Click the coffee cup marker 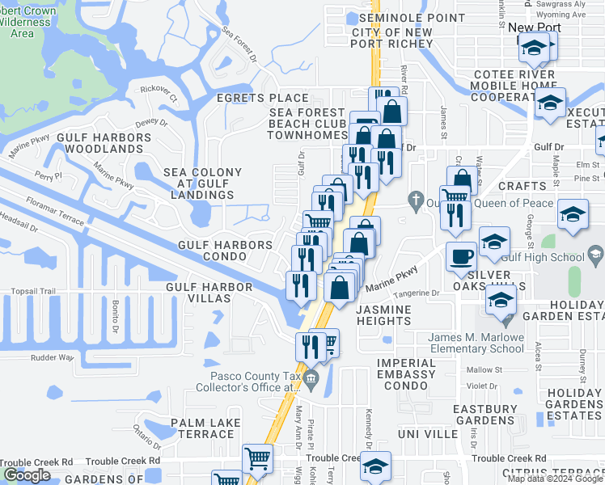click(x=461, y=255)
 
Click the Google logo click(x=27, y=475)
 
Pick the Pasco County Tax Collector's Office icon click(x=312, y=375)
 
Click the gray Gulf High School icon click(x=596, y=256)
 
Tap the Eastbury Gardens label click(x=484, y=414)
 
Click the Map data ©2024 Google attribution click(x=555, y=479)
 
